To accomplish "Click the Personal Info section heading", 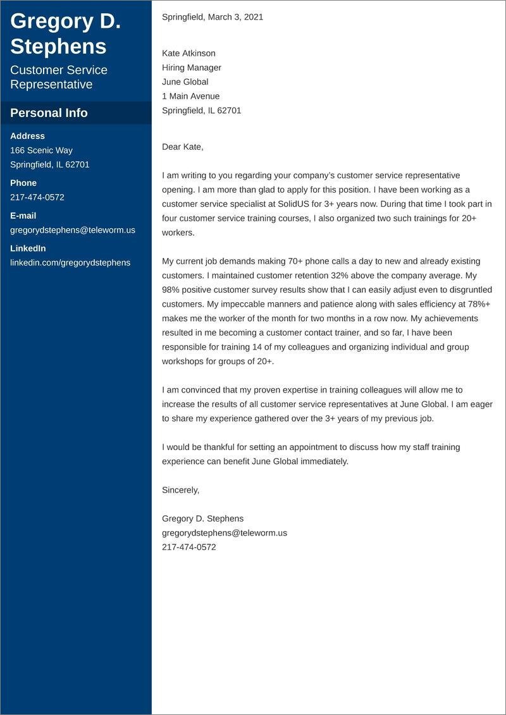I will coord(49,113).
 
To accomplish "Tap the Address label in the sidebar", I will coord(27,136).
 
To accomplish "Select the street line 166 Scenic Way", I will coord(41,150).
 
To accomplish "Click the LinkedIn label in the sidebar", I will coord(28,248).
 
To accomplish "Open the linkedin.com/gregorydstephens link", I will coord(70,262).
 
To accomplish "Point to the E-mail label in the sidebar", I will coord(23,216).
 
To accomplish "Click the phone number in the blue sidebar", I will coord(37,197).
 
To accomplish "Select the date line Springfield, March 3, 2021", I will coord(213,17).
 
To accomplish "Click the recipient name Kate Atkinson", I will coord(188,53).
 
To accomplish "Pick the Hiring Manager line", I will coord(192,68).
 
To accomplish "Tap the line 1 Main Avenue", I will coord(190,96).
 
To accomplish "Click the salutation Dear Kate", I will coord(183,147).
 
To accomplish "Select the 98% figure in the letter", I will coord(171,290).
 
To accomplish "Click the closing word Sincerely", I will coord(180,490).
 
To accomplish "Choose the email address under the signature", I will coord(225,533).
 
